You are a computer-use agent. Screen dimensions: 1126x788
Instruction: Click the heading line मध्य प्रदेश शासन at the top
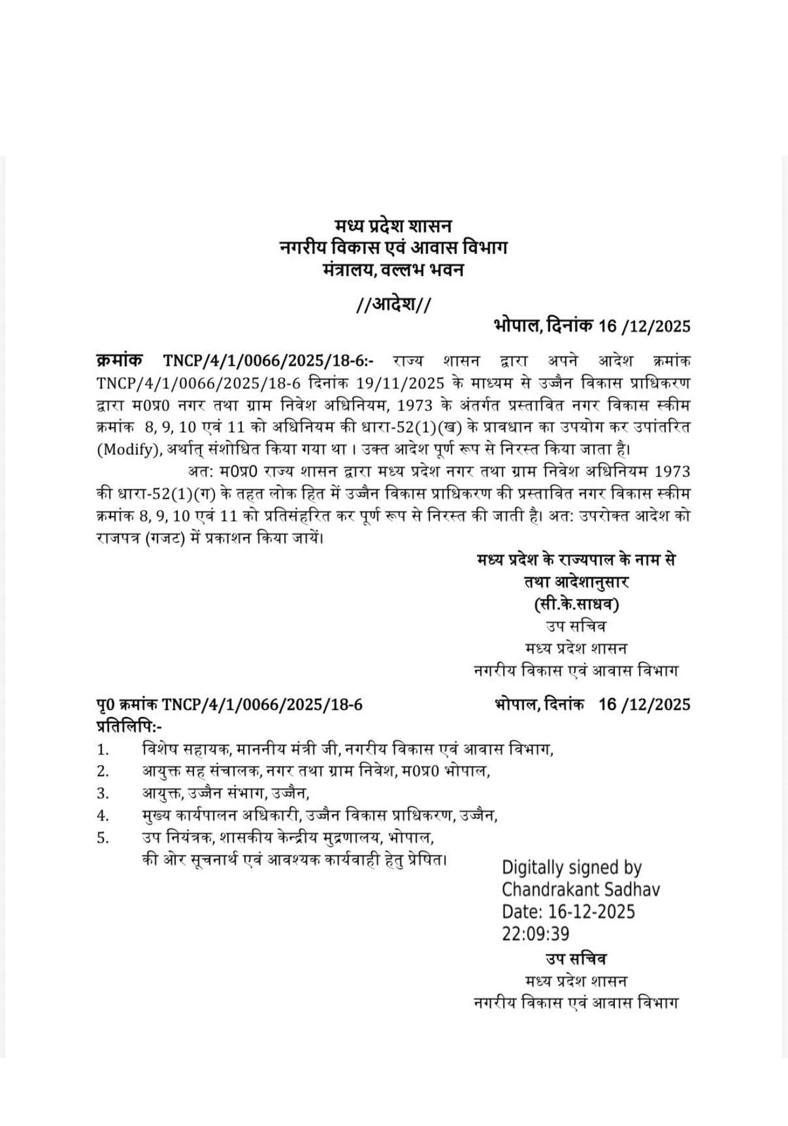point(393,225)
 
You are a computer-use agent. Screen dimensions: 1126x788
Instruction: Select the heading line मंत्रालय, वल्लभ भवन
point(393,270)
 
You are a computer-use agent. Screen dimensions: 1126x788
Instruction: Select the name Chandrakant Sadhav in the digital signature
point(581,890)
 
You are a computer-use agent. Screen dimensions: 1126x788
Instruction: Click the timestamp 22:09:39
point(535,933)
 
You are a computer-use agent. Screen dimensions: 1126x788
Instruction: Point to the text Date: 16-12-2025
point(568,911)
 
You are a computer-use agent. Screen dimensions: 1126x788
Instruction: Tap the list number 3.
point(103,793)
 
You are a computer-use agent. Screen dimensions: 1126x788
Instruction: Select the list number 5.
point(103,837)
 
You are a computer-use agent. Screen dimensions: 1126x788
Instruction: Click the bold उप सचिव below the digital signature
point(576,959)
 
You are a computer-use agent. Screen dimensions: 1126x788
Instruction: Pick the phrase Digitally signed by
point(571,868)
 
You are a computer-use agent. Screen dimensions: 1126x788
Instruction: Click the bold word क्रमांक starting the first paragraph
point(119,361)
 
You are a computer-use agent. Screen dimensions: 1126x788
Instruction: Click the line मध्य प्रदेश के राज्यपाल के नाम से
point(576,560)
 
